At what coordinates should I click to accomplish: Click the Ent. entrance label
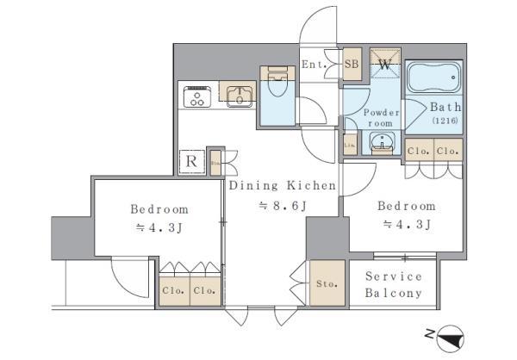click(x=312, y=63)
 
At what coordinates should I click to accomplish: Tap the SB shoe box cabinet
click(x=352, y=63)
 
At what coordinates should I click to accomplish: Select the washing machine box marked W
click(x=384, y=63)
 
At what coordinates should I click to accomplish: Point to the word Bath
click(x=446, y=107)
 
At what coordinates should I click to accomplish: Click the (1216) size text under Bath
click(x=445, y=121)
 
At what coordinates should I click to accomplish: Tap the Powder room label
click(x=381, y=118)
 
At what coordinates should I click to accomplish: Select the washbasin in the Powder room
click(x=382, y=143)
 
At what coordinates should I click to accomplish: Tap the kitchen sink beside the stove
click(x=237, y=95)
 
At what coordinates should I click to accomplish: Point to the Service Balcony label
click(x=394, y=284)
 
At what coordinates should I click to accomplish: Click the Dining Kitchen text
click(x=276, y=184)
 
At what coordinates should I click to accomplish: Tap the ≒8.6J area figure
click(x=277, y=206)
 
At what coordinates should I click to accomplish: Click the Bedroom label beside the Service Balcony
click(x=406, y=206)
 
